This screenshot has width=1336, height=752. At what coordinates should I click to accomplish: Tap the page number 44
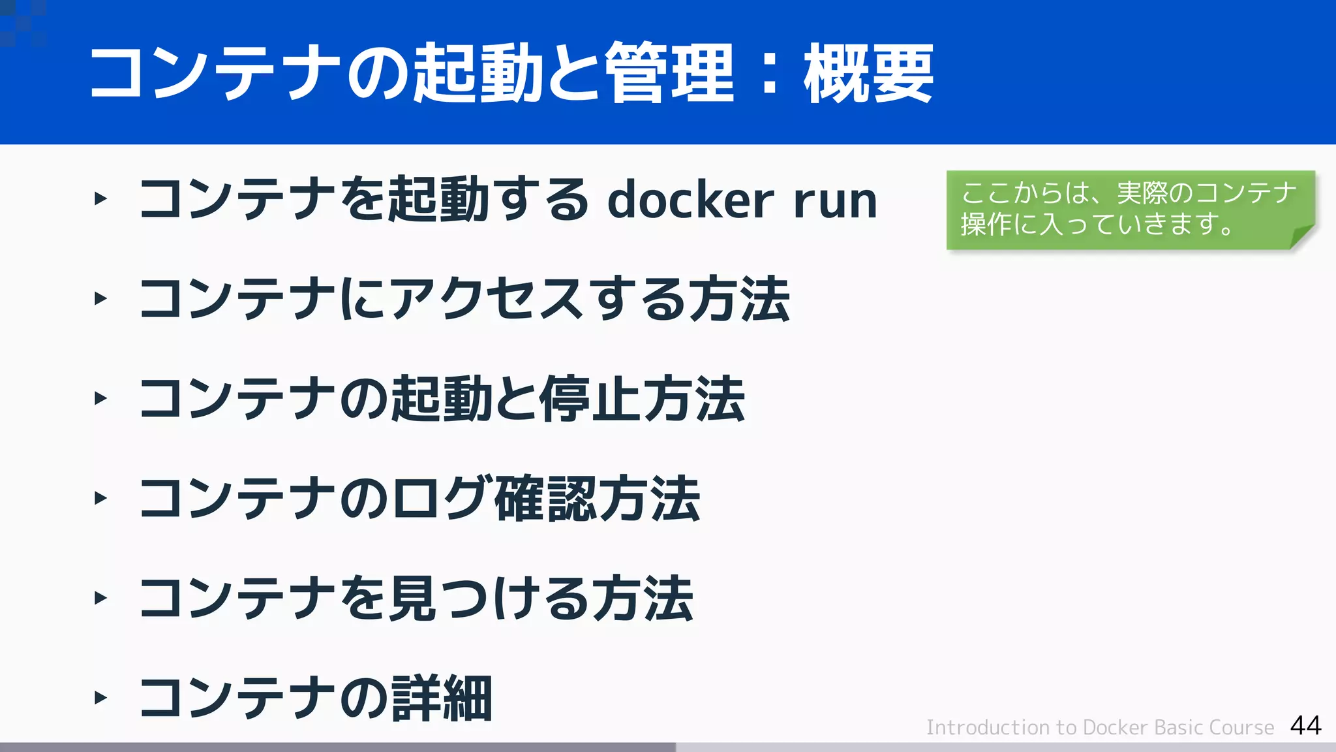(1305, 725)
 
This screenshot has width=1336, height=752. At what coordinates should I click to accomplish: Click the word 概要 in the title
(869, 73)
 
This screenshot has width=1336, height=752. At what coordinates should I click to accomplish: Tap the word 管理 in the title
(669, 73)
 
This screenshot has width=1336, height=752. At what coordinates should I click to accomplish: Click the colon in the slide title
(770, 73)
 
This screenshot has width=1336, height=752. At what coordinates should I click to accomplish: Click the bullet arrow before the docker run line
(100, 198)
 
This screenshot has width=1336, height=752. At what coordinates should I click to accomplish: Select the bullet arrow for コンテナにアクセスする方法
(100, 299)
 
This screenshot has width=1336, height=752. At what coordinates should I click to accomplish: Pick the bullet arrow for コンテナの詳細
(100, 698)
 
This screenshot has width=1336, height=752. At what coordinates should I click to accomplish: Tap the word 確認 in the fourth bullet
(545, 499)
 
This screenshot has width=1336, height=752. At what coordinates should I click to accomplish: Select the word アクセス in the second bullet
(493, 299)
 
